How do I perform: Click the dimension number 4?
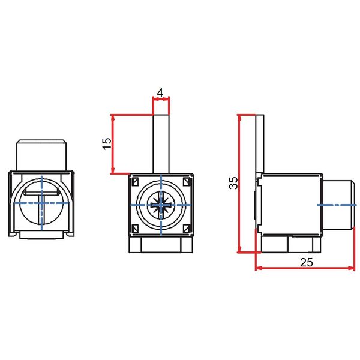(160, 92)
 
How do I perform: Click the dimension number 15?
(107, 144)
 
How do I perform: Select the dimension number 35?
(233, 183)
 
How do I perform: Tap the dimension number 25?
(307, 262)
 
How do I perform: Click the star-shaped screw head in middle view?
(161, 205)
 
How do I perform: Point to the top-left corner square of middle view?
(136, 181)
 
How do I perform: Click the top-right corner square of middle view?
(187, 181)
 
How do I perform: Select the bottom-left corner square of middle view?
(136, 229)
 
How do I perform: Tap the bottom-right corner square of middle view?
(187, 229)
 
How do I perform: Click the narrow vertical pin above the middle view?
(161, 144)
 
